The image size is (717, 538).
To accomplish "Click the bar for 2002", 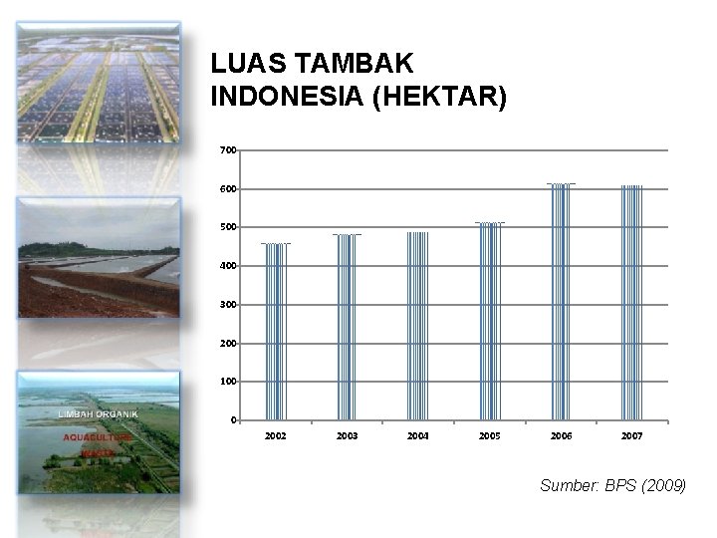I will click(x=275, y=331).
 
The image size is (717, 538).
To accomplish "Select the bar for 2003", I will click(x=347, y=327).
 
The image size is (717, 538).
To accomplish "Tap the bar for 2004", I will click(x=418, y=326).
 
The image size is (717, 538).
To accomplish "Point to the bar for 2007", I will click(x=632, y=302).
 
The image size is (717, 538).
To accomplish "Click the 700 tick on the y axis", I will click(x=228, y=150).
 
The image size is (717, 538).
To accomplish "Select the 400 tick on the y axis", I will click(x=228, y=266).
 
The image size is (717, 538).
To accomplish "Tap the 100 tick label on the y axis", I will click(x=228, y=382).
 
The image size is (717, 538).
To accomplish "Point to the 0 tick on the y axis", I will click(x=233, y=419).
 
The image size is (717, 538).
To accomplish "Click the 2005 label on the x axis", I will click(x=490, y=436).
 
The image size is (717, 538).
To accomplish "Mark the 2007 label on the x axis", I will click(x=632, y=436).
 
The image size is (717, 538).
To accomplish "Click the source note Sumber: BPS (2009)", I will click(x=612, y=486).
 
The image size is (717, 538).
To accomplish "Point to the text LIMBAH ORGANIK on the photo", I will click(x=97, y=412).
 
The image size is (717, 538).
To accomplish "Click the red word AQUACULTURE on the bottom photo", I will click(x=98, y=436).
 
